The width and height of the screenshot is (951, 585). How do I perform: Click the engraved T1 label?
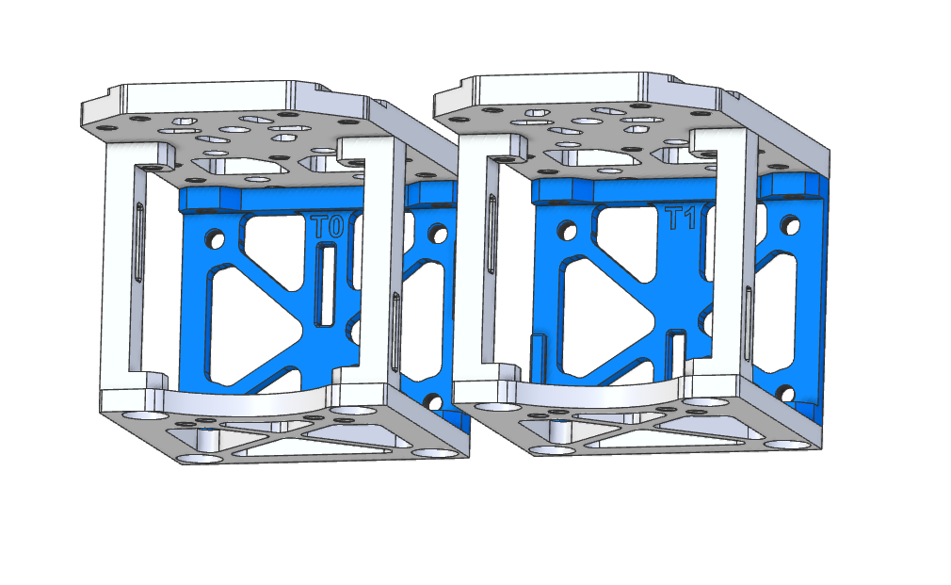pyautogui.click(x=680, y=219)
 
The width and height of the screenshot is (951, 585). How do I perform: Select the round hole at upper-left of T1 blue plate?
pyautogui.click(x=567, y=229)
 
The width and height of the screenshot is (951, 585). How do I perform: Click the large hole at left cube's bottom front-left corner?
pyautogui.click(x=199, y=458)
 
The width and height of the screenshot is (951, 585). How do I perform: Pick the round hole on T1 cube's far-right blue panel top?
pyautogui.click(x=789, y=224)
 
